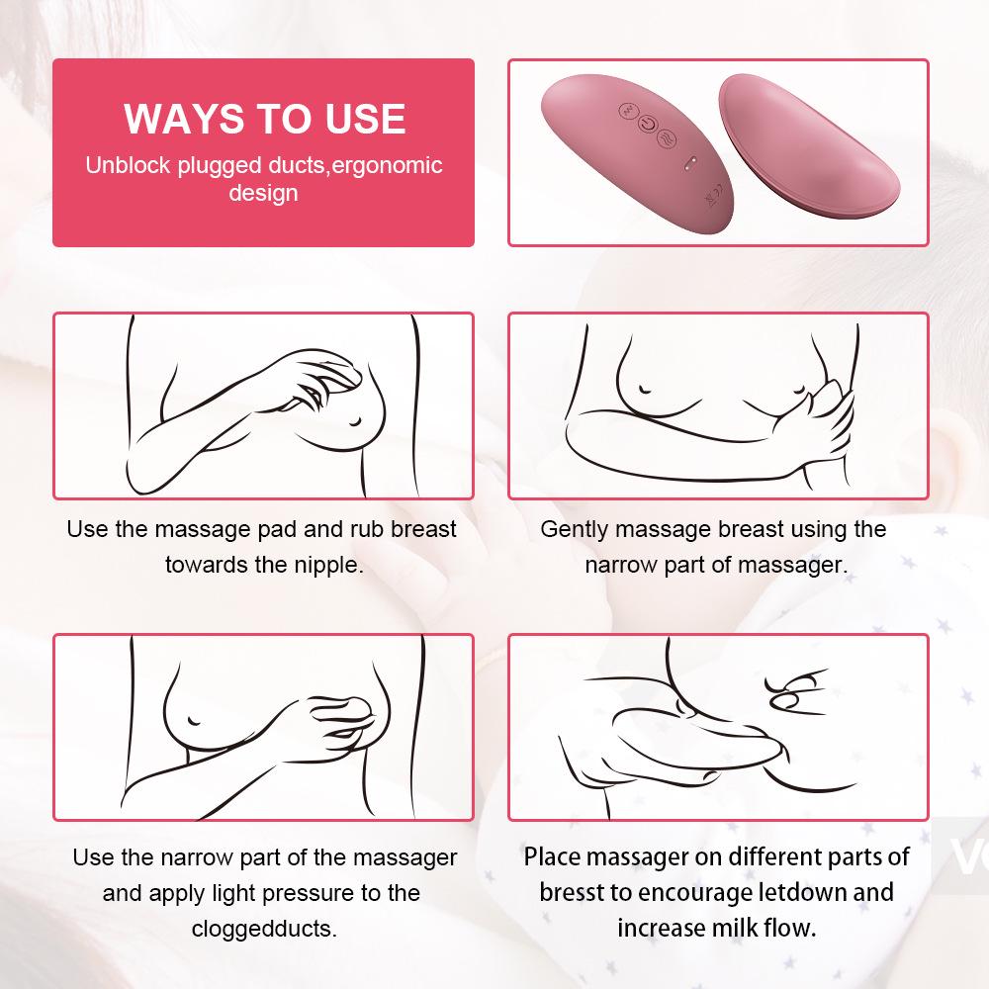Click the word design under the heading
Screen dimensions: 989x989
tap(264, 193)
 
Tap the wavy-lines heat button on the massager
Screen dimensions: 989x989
tap(668, 137)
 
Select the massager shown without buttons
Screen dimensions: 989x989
tap(809, 145)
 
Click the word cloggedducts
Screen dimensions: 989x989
tap(264, 929)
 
